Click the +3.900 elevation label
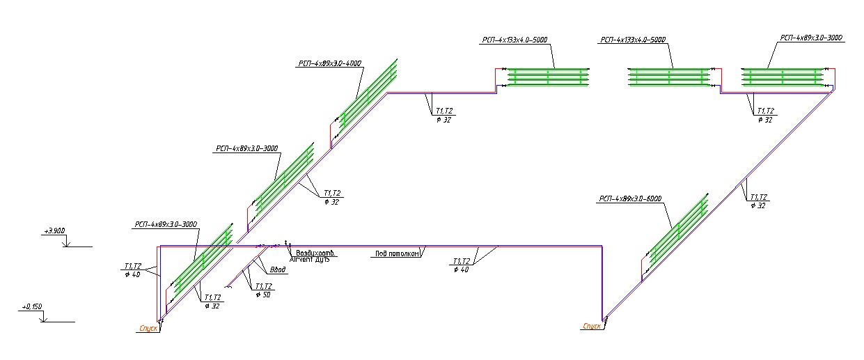tap(54, 230)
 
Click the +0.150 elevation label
tap(32, 306)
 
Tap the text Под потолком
tap(396, 254)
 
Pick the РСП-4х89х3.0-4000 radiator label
tap(329, 63)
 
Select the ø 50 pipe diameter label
tap(263, 295)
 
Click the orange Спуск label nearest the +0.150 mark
tap(147, 327)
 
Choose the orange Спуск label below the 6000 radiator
tap(592, 325)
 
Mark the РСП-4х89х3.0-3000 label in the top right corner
tap(812, 38)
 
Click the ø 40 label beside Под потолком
tap(462, 270)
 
